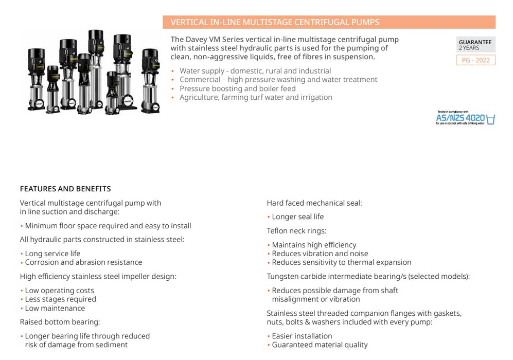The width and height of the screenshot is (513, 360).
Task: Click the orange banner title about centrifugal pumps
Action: point(275,22)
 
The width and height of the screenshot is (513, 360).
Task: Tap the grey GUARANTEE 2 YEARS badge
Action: point(475,45)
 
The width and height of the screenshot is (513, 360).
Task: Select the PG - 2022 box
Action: point(475,60)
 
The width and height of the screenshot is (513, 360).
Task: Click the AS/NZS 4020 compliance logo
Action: point(465,118)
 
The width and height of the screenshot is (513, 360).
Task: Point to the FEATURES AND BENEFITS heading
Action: point(65,189)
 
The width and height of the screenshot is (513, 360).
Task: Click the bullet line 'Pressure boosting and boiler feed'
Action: point(238,88)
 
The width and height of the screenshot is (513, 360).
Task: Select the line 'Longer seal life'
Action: point(298,217)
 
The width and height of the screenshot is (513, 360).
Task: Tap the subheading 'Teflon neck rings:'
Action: point(296,231)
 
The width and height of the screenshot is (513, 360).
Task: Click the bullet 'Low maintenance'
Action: point(55,308)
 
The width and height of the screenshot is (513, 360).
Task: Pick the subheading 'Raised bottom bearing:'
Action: point(60,322)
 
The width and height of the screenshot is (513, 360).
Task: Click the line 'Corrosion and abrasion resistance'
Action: point(83,262)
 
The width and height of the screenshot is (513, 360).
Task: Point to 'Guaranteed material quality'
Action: point(320,345)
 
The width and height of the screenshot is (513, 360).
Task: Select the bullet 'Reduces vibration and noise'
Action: point(320,254)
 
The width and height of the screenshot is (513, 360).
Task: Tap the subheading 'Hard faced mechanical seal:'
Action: point(314,203)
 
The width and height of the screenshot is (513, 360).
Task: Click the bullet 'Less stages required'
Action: point(61,299)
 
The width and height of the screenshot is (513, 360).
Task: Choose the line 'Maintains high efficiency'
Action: point(314,245)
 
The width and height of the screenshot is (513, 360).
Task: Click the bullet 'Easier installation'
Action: point(302,336)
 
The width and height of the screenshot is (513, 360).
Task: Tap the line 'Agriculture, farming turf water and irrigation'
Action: point(256,97)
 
